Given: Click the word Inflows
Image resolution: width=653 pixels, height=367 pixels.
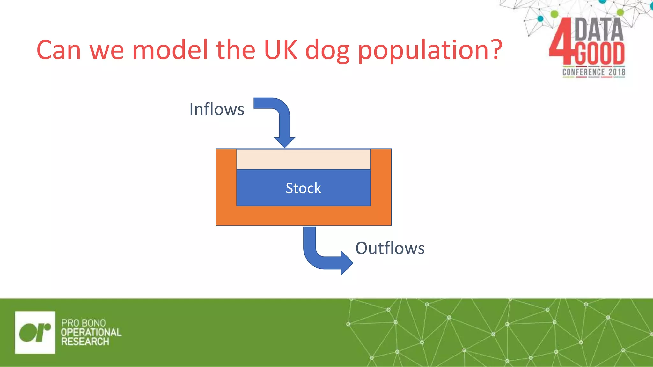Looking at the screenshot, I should coord(216,109).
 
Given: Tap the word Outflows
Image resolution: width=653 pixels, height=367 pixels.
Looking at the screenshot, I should coord(390,248).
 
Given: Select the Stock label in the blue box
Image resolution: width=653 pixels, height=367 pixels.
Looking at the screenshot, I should coord(303,188).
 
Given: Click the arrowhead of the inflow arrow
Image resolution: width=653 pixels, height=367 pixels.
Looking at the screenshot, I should coord(284,141).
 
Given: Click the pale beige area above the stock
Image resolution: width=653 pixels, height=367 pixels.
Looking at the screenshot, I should coord(303,159).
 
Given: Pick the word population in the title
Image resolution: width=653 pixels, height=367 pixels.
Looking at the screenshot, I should coord(424,51).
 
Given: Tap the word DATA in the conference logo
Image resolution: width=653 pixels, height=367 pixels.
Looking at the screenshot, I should coord(599,30).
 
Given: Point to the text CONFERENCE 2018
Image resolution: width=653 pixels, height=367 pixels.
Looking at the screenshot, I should coord(593,72).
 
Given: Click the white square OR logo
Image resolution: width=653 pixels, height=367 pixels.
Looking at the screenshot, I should coord(35,332).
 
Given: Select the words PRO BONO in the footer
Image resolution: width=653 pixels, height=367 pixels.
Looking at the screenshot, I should coord(83,323).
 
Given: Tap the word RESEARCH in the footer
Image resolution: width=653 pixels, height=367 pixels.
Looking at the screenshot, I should coord(85,342).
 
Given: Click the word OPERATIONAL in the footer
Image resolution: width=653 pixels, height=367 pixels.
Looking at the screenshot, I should coord(91,332).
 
